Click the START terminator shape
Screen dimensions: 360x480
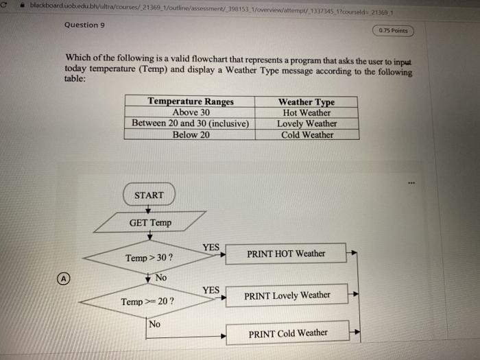[149, 195]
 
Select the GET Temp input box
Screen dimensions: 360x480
[150, 222]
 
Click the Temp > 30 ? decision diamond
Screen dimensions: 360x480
[149, 258]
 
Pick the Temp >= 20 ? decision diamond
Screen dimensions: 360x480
[147, 301]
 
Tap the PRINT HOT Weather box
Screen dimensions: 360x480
[286, 254]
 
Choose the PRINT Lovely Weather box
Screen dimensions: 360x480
[287, 296]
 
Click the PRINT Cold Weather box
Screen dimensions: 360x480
[287, 333]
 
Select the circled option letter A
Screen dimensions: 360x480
[63, 279]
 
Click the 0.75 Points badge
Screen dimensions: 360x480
[393, 30]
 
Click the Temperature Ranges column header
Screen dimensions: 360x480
[191, 101]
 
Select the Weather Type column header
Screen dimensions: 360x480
[307, 101]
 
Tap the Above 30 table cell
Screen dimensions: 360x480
[191, 112]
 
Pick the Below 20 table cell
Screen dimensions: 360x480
[191, 134]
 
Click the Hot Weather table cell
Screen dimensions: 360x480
[307, 112]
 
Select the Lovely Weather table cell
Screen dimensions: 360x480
[307, 123]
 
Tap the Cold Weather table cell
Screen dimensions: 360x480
[307, 134]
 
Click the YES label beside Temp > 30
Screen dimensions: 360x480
[211, 247]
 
